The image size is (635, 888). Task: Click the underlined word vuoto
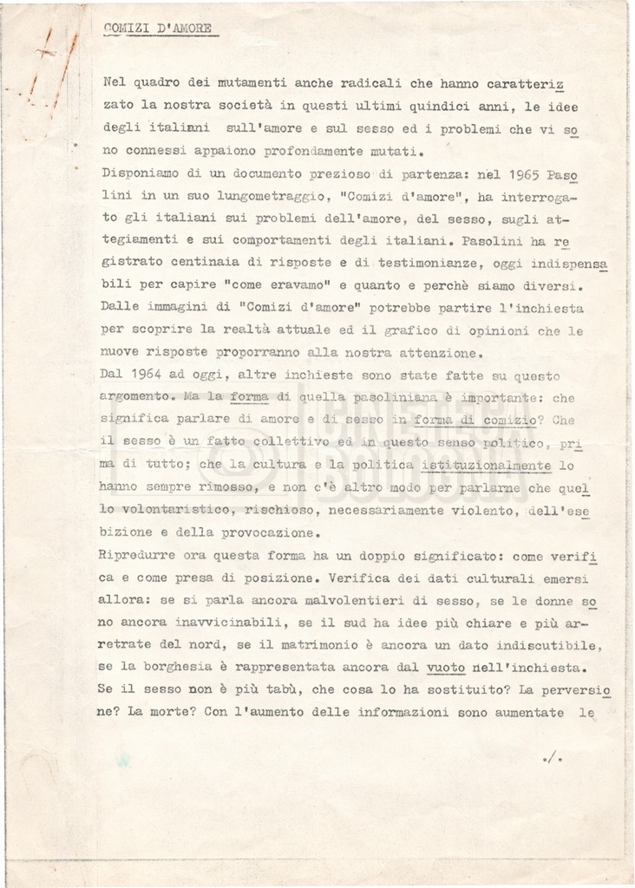click(446, 668)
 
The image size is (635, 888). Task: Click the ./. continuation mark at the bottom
click(553, 759)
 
